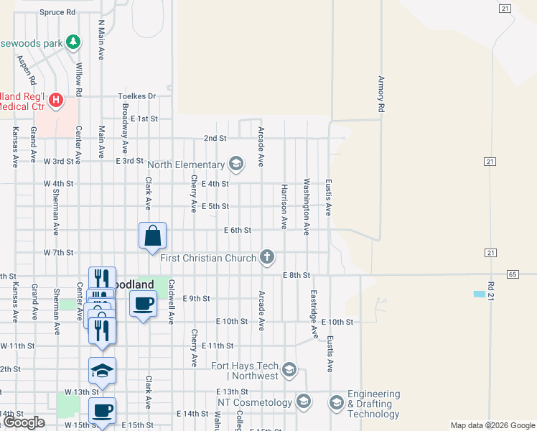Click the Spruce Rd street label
pyautogui.click(x=57, y=12)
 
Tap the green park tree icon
pyautogui.click(x=73, y=42)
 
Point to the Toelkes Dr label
pyautogui.click(x=137, y=96)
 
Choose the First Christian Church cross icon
pyautogui.click(x=266, y=257)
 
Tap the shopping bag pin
pyautogui.click(x=153, y=236)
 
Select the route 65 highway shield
pyautogui.click(x=512, y=274)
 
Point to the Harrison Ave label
pyautogui.click(x=284, y=206)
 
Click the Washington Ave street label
pyautogui.click(x=307, y=207)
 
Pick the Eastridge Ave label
pyautogui.click(x=314, y=315)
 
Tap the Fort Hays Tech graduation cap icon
pyautogui.click(x=289, y=370)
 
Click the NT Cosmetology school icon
pyautogui.click(x=304, y=401)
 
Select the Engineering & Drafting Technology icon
pyautogui.click(x=336, y=402)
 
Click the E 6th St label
pyautogui.click(x=238, y=230)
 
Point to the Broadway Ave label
pyautogui.click(x=125, y=124)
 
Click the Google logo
pyautogui.click(x=24, y=422)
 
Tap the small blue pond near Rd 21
pyautogui.click(x=479, y=294)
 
